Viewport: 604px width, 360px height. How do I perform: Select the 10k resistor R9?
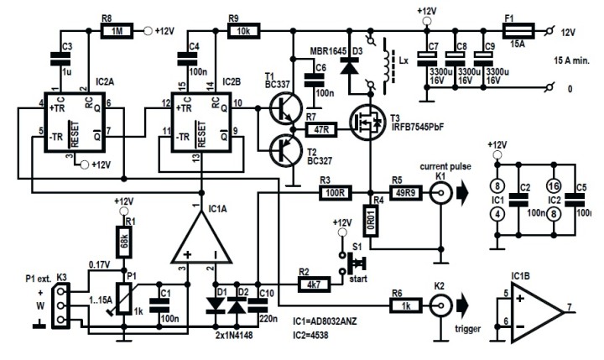243,32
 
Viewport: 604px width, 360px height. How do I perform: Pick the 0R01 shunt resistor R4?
369,220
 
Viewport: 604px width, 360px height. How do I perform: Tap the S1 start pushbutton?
344,263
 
